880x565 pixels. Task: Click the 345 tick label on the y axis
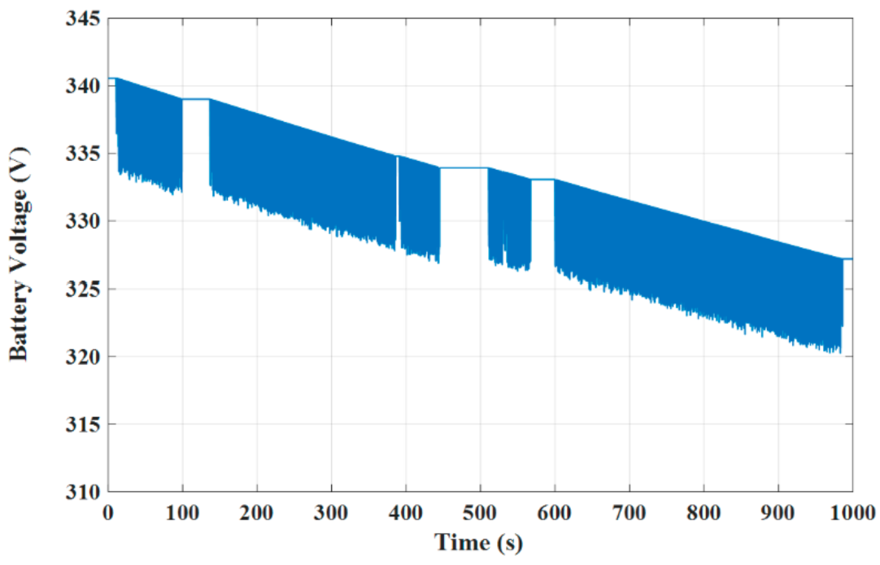(x=84, y=17)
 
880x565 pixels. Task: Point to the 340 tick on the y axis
(x=84, y=85)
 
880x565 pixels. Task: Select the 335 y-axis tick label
(x=84, y=153)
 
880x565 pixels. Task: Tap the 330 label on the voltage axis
(x=84, y=221)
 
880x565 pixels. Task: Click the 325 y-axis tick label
(x=84, y=289)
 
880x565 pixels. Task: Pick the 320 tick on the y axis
(x=84, y=357)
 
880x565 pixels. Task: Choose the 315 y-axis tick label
(x=84, y=424)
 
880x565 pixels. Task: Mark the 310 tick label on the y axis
(x=84, y=493)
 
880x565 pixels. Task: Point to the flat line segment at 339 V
(x=196, y=99)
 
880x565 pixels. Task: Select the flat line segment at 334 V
(x=464, y=167)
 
